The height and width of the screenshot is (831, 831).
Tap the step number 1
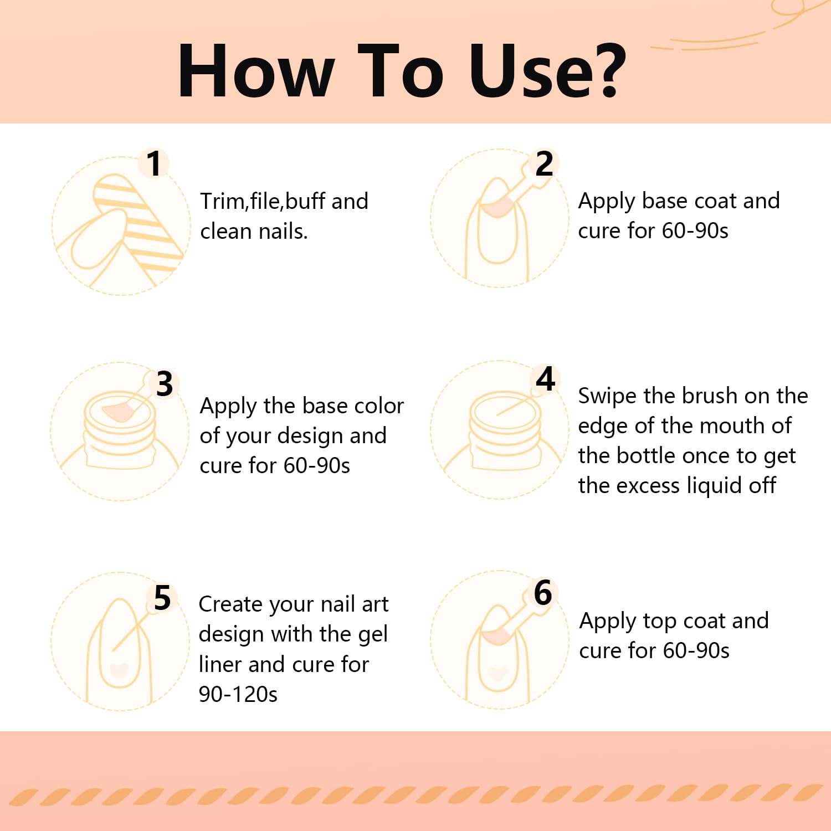pos(154,164)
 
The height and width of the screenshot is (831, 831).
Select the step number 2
pos(544,164)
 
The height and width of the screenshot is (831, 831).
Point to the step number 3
pos(165,383)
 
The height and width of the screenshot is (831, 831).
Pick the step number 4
pos(546,379)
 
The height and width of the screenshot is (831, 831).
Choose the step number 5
pos(162,598)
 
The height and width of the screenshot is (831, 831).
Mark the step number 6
pos(543,593)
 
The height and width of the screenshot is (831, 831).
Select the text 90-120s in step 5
pos(238,694)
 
